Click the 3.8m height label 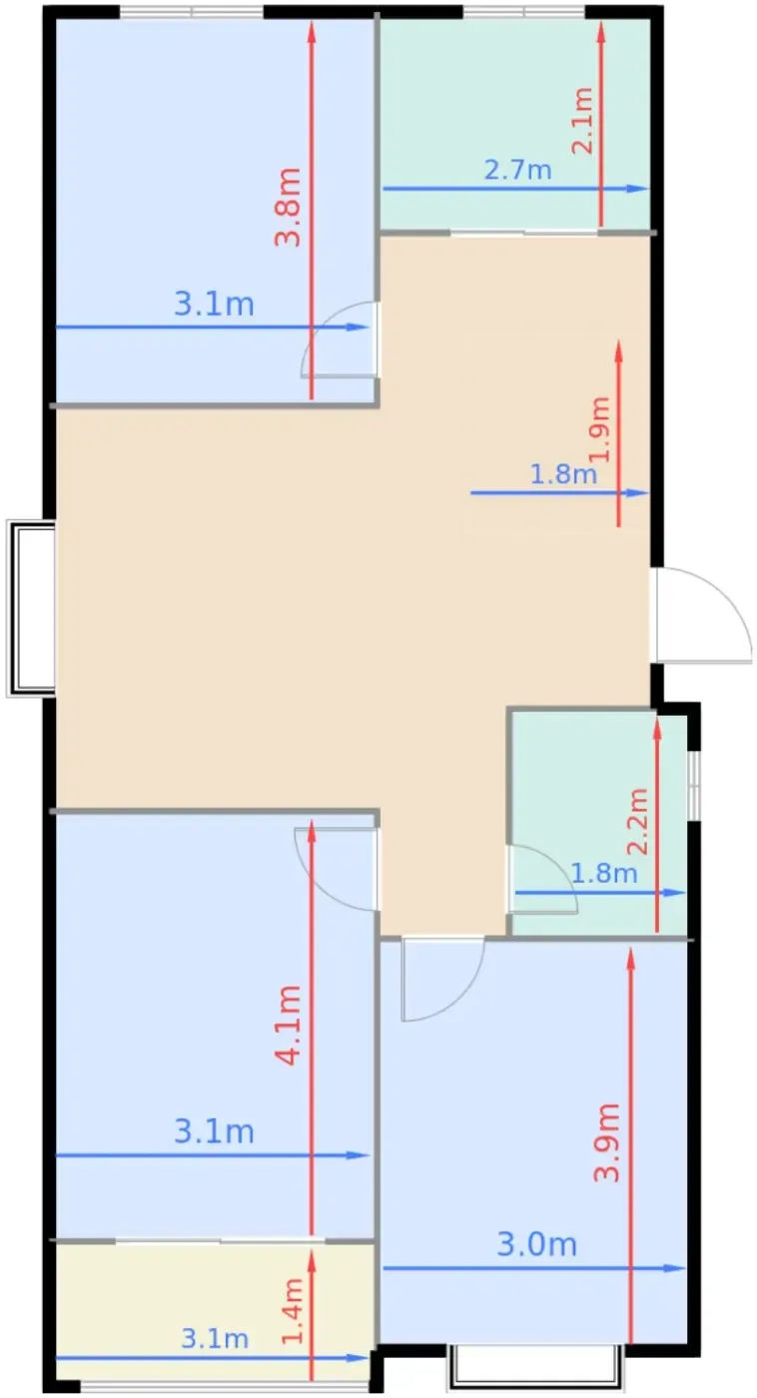coord(289,207)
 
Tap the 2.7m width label coord(518,170)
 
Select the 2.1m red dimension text coord(581,121)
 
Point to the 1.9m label coord(600,428)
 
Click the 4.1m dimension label coord(289,1026)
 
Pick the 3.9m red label coord(606,1142)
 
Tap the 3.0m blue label coord(536,1244)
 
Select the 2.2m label coord(638,821)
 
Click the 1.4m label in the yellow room coord(292,1310)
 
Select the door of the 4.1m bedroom coord(337,869)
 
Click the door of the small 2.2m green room coord(541,880)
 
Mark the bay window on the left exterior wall coord(31,608)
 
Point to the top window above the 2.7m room coord(524,12)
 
